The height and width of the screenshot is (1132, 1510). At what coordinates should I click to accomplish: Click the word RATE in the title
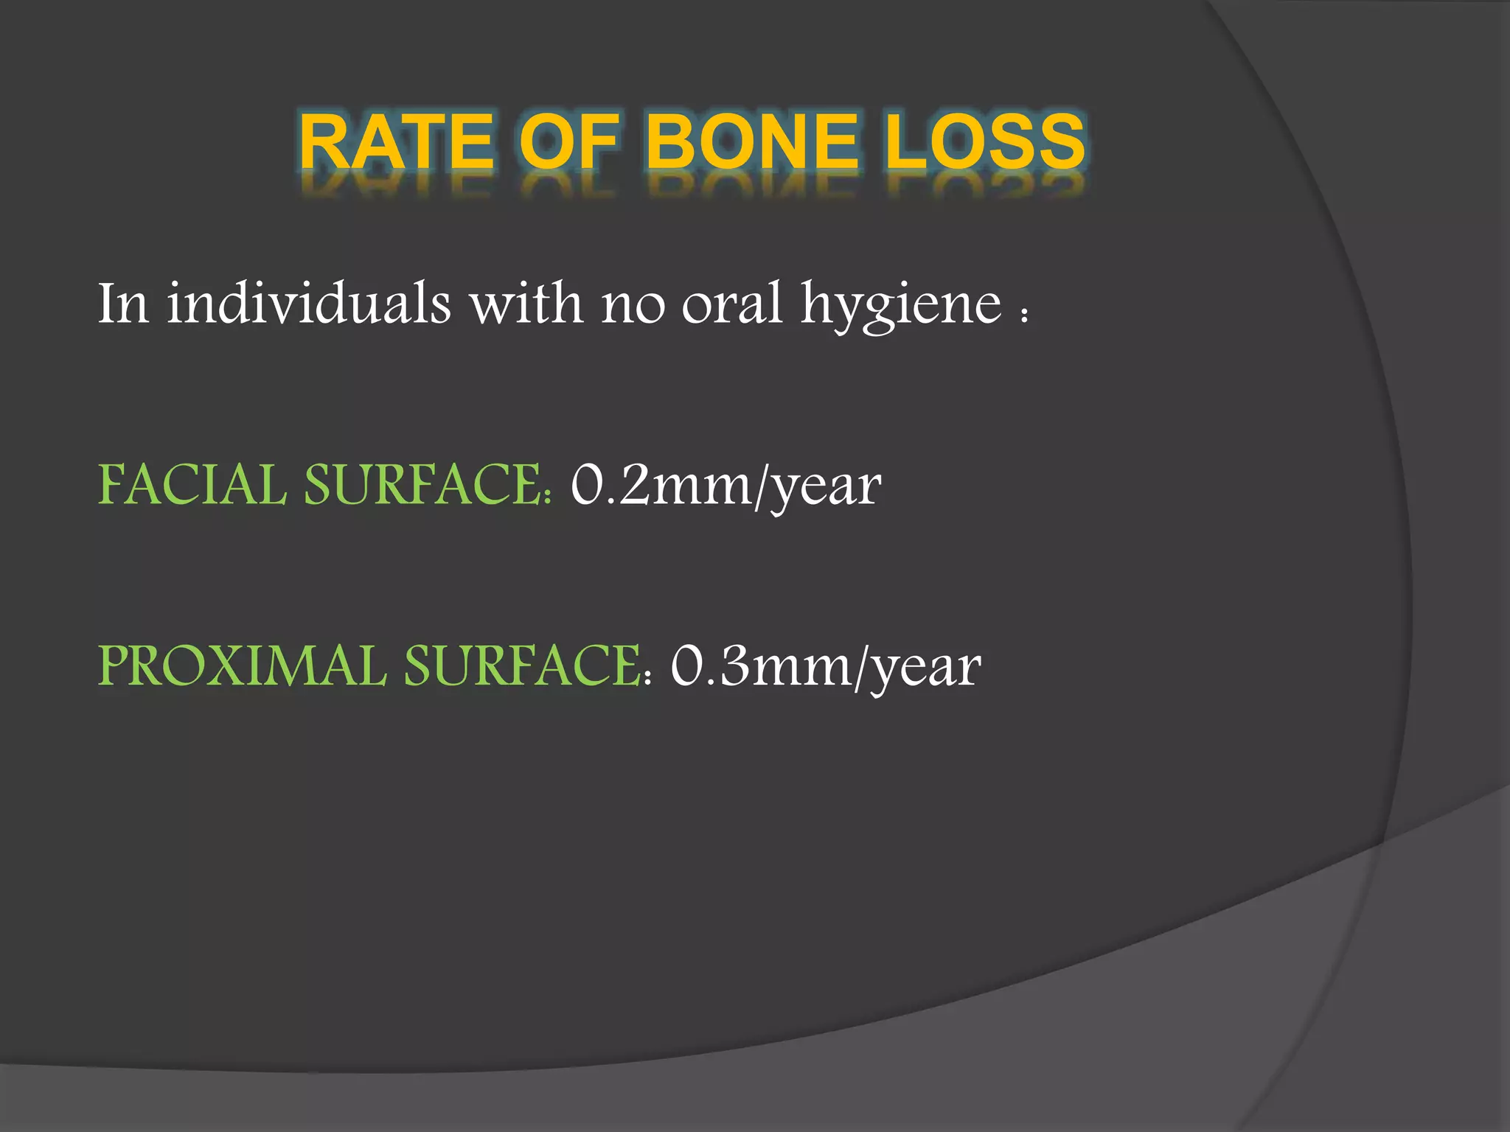coord(395,141)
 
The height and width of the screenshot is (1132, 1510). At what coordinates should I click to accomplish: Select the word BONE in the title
coord(753,141)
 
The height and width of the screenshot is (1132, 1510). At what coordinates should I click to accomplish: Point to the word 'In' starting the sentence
coord(123,303)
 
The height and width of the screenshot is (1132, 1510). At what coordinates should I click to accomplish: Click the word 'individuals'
coord(308,303)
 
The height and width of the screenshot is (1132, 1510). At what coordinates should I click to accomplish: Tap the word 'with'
coord(527,303)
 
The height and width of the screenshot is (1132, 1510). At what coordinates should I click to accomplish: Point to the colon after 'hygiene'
coord(1023,315)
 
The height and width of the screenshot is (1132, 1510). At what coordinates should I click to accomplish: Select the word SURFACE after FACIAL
coord(426,486)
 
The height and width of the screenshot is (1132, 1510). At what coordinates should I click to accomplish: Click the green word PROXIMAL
coord(242,666)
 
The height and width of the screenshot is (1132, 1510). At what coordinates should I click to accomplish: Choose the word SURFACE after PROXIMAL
coord(525,666)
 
